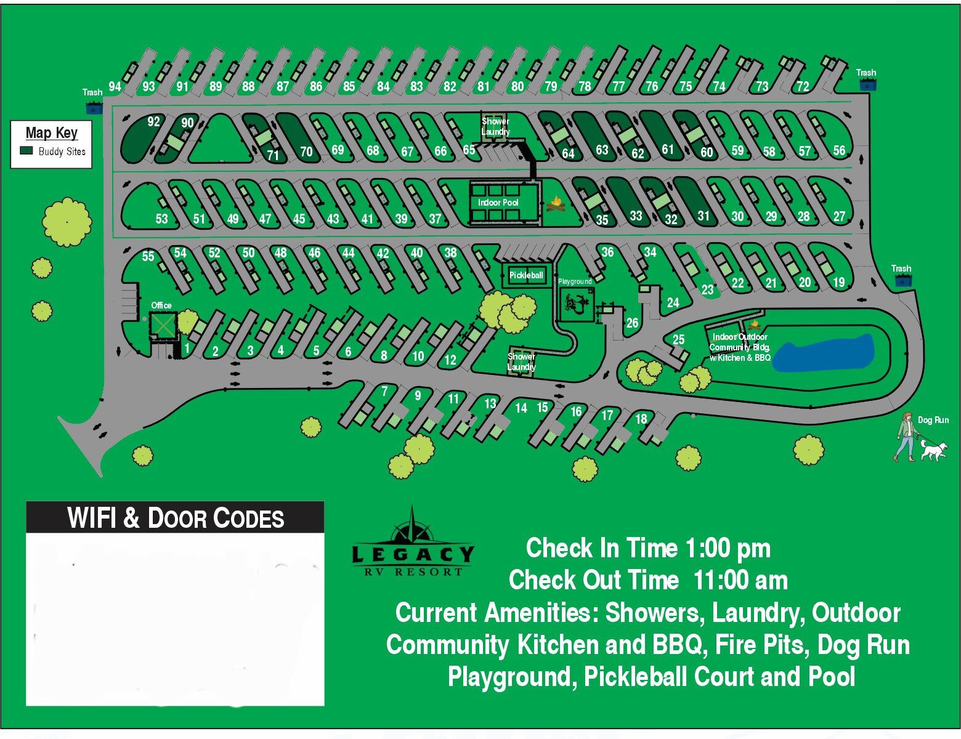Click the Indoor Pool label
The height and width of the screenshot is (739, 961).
click(x=498, y=203)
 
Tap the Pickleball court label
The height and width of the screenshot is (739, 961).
click(x=526, y=275)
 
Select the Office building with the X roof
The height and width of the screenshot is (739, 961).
click(x=163, y=325)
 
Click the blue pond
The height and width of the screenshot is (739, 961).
click(x=823, y=353)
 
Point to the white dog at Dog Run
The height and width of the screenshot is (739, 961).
click(x=934, y=450)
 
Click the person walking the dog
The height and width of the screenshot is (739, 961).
click(x=906, y=437)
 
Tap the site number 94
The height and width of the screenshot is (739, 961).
click(x=115, y=86)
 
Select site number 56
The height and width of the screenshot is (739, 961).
click(x=839, y=150)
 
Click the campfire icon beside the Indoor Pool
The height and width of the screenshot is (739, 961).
click(x=556, y=203)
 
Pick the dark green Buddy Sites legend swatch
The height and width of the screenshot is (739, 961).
click(x=26, y=151)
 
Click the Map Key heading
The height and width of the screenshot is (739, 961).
click(x=52, y=132)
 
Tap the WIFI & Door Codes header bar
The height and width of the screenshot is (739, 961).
click(x=175, y=518)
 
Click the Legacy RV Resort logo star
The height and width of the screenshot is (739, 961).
click(x=412, y=528)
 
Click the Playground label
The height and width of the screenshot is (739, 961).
click(x=575, y=281)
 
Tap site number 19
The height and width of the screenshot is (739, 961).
click(x=838, y=282)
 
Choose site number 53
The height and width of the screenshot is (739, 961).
click(x=161, y=219)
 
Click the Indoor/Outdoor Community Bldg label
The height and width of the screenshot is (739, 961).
click(x=740, y=347)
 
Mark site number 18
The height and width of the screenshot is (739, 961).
click(x=641, y=419)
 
